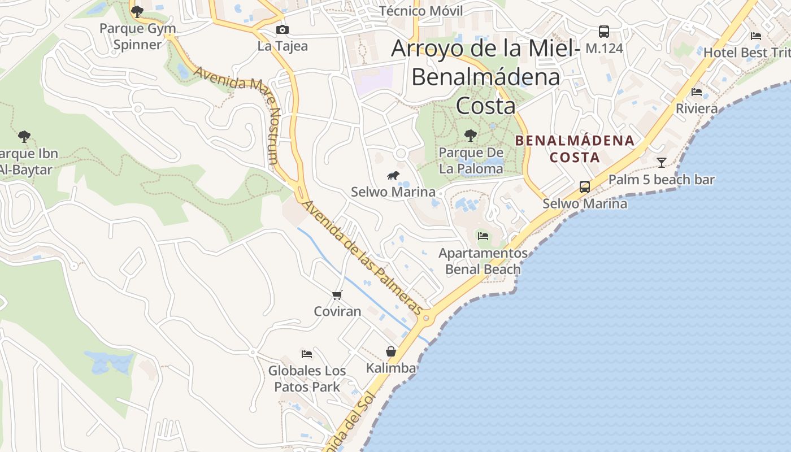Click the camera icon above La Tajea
pyautogui.click(x=282, y=30)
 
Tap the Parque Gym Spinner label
pyautogui.click(x=137, y=36)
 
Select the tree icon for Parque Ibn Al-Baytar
pyautogui.click(x=24, y=136)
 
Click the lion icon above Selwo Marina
pyautogui.click(x=393, y=176)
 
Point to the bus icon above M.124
pyautogui.click(x=604, y=32)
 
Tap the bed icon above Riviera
pyautogui.click(x=697, y=92)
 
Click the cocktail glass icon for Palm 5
pyautogui.click(x=662, y=163)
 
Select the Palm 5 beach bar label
pyautogui.click(x=661, y=180)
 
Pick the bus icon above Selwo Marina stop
pyautogui.click(x=585, y=186)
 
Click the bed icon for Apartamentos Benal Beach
pyautogui.click(x=483, y=236)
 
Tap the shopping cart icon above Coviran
pyautogui.click(x=337, y=295)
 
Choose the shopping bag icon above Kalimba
pyautogui.click(x=391, y=351)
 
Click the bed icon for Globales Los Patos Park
pyautogui.click(x=307, y=354)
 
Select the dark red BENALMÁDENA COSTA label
pyautogui.click(x=575, y=149)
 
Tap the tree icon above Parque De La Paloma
pyautogui.click(x=470, y=136)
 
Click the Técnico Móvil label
pyautogui.click(x=420, y=11)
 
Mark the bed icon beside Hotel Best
pyautogui.click(x=756, y=36)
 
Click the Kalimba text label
pyautogui.click(x=391, y=368)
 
